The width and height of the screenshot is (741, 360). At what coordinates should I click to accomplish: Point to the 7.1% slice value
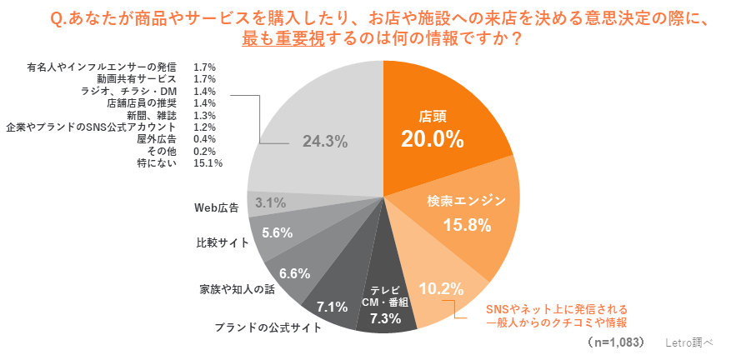tap(332, 306)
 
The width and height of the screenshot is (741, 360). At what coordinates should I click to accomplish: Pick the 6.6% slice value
tap(294, 272)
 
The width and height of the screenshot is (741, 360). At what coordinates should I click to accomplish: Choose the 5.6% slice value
tap(277, 233)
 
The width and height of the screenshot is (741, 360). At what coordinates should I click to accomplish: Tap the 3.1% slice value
tap(271, 202)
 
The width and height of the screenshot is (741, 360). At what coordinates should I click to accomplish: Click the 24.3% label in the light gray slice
tap(324, 142)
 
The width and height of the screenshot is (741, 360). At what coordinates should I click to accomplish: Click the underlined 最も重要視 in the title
tap(274, 39)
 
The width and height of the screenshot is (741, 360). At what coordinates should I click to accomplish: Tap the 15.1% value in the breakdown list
tap(207, 163)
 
